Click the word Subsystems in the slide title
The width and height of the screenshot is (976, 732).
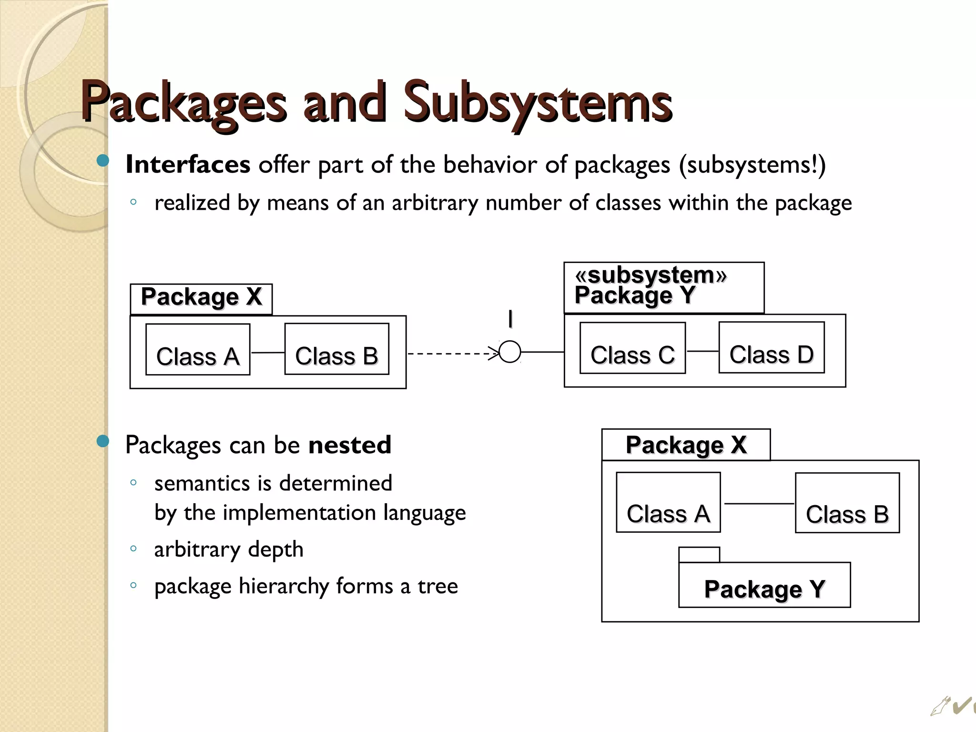click(x=538, y=102)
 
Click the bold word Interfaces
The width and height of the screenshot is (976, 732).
click(x=188, y=165)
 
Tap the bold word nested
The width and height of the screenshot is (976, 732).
click(x=350, y=445)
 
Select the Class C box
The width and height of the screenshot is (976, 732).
click(x=632, y=348)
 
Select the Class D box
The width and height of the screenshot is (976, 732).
click(x=772, y=347)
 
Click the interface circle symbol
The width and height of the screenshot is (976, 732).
click(x=510, y=352)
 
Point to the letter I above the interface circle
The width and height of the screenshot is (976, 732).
click(x=510, y=319)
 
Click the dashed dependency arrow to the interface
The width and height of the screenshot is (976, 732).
click(x=450, y=354)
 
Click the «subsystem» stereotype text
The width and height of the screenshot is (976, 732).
click(x=651, y=275)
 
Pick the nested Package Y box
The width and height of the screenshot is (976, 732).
click(x=764, y=585)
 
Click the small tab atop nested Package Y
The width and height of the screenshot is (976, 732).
click(x=699, y=555)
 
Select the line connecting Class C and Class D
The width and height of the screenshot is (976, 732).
click(x=702, y=351)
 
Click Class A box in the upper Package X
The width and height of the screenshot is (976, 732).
click(x=198, y=349)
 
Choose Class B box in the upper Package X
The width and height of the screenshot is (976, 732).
click(x=336, y=349)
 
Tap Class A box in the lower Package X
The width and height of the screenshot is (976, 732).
click(x=668, y=502)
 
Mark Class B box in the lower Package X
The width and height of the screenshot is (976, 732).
click(x=847, y=503)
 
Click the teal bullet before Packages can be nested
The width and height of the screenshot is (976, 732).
click(x=102, y=441)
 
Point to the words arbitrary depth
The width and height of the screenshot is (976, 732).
click(x=229, y=549)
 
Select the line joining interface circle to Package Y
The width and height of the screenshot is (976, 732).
click(x=542, y=352)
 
